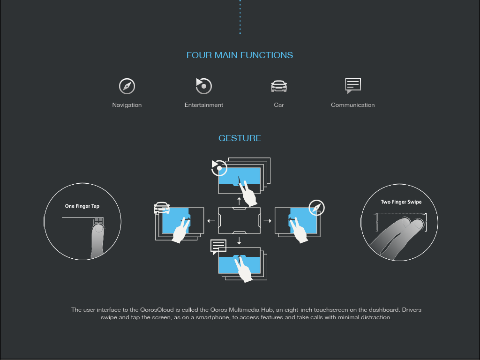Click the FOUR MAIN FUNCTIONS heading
240,55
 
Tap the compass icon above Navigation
127,86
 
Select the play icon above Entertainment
204,86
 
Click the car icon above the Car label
279,86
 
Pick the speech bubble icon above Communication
353,86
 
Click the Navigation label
127,105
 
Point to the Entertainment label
204,105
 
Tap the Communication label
353,105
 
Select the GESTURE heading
240,138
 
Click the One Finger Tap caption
82,206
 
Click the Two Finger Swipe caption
401,202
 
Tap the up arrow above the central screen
240,201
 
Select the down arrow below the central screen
240,240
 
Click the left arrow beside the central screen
211,220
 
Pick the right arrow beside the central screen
268,220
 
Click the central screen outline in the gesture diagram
240,220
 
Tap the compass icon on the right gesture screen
317,207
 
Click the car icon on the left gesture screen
162,207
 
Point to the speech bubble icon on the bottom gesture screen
218,247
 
